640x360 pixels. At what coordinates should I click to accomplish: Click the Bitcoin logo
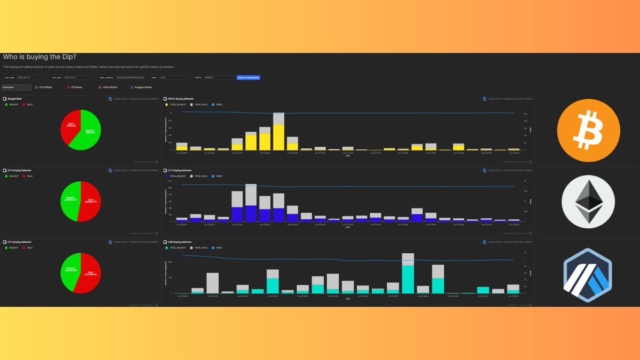[588, 130]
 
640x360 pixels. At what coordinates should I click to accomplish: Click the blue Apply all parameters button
[248, 77]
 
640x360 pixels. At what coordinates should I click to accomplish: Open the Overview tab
[16, 87]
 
